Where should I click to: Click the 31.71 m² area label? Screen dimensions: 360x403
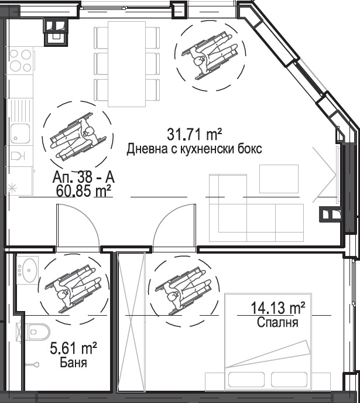click(194, 134)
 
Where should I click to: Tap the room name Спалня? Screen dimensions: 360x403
click(277, 322)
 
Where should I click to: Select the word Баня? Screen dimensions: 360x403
click(73, 363)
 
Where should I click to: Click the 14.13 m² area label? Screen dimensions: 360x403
click(278, 308)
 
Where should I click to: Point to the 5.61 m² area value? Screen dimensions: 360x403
click(73, 349)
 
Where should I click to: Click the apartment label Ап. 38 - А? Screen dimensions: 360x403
click(84, 177)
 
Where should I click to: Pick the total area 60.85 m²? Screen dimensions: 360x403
click(84, 191)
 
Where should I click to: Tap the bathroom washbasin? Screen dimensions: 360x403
click(28, 270)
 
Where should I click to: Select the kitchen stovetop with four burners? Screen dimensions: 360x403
click(20, 61)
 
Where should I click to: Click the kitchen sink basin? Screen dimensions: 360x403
click(20, 134)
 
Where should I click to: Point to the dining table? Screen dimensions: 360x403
click(127, 64)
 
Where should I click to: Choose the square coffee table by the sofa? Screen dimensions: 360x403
click(279, 179)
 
